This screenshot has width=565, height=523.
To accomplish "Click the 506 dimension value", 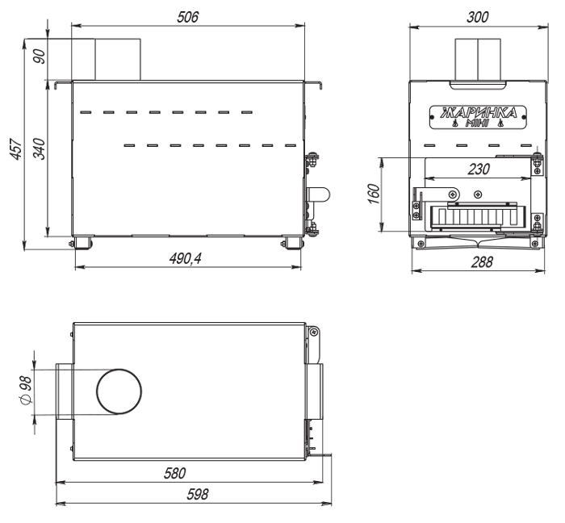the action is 187,17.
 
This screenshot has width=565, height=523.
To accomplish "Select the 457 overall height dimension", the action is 16,148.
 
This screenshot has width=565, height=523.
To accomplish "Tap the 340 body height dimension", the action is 40,149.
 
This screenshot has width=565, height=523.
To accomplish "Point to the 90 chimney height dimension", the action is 40,56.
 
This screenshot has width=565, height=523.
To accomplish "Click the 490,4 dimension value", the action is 185,258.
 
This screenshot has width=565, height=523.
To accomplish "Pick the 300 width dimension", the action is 478,17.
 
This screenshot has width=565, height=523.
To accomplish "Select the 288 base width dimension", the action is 481,261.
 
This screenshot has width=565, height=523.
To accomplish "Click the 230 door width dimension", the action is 479,169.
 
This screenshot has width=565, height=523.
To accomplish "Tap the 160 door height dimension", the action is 374,194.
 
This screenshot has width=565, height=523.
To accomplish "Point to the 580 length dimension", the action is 175,473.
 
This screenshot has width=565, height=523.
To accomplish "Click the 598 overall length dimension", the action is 198,494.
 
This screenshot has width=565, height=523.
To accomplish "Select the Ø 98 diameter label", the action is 27,391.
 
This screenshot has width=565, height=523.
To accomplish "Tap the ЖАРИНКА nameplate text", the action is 479,113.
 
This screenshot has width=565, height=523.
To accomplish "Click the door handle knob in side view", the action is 319,195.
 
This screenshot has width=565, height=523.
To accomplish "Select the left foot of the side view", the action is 83,242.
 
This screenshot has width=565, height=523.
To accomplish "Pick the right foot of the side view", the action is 292,242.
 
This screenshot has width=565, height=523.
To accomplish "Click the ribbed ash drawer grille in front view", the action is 475,217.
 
